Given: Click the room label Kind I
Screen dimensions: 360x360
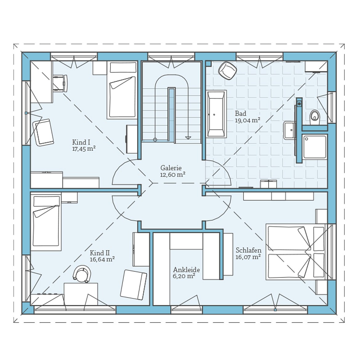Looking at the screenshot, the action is click(x=81, y=142).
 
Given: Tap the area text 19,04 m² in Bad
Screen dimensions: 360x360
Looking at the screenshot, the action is click(x=247, y=120).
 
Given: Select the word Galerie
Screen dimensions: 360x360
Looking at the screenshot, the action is click(x=171, y=168).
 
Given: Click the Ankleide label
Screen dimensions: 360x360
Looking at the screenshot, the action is click(x=186, y=270).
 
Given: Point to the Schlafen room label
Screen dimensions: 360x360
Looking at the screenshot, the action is click(x=248, y=250).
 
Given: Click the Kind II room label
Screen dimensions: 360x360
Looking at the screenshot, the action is click(x=100, y=253).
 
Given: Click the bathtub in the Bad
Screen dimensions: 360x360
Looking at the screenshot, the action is click(x=216, y=114).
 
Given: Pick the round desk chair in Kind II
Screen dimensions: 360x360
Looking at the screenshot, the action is click(x=82, y=274).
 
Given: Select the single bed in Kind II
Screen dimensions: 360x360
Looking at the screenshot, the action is click(x=46, y=222).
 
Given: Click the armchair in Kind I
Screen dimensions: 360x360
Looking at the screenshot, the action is click(x=43, y=133).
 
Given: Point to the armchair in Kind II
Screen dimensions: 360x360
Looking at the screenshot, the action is click(x=134, y=285).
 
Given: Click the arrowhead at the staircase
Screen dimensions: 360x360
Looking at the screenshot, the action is click(x=188, y=138).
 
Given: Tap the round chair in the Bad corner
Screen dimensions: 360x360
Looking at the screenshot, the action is click(x=227, y=70).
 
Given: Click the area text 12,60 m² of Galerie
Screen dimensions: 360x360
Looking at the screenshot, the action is click(x=173, y=175).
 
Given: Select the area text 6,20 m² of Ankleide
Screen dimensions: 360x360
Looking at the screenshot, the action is click(x=184, y=276).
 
